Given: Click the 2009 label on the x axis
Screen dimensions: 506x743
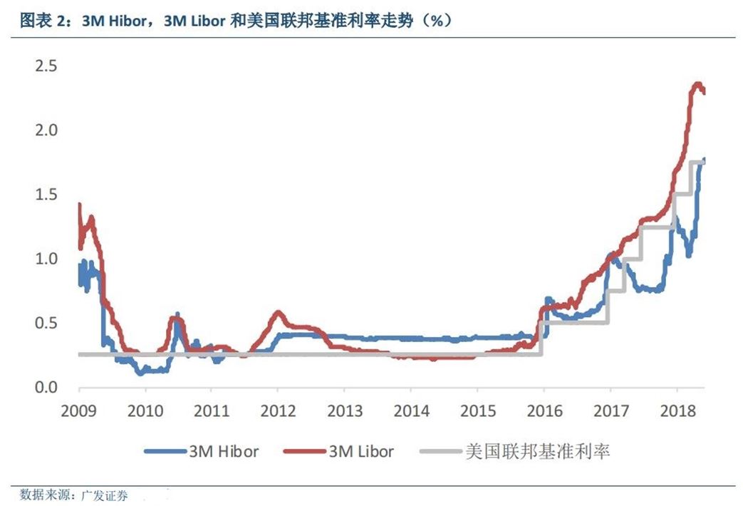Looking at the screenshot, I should [79, 411].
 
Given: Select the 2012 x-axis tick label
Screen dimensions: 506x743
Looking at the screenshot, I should [278, 411].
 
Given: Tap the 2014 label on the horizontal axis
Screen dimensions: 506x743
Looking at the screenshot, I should [410, 411].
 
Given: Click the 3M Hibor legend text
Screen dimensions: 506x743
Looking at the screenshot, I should [224, 451].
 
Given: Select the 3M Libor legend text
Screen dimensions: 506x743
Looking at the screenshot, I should [361, 451].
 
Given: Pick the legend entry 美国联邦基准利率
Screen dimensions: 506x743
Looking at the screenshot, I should [537, 451].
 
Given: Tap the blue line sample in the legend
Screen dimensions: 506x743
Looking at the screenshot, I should [164, 451].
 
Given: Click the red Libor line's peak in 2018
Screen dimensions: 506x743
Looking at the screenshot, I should [697, 84].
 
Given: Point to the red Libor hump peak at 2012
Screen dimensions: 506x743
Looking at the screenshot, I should [278, 311].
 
